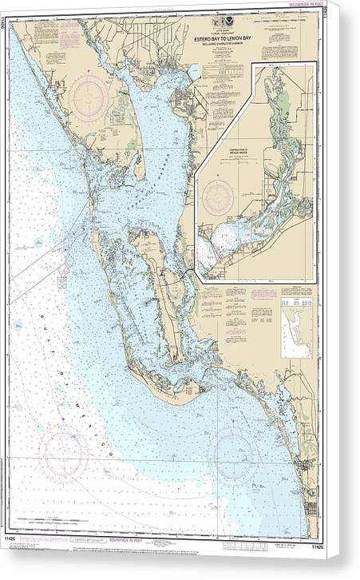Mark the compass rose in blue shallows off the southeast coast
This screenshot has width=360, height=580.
pos(231,452)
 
